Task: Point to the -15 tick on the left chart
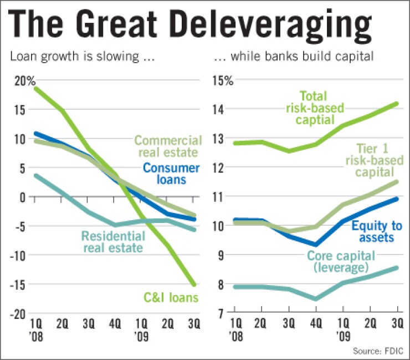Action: [x=20, y=284]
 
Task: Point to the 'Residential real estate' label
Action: [x=114, y=242]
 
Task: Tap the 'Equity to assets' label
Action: [x=372, y=231]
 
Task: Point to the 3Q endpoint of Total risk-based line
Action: [x=397, y=104]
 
